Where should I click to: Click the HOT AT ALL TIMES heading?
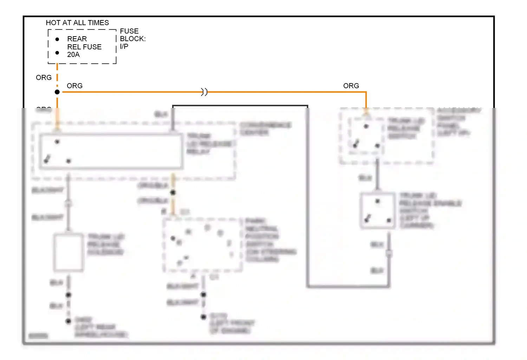click(77, 23)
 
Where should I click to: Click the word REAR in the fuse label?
click(77, 39)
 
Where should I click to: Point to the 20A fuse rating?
click(73, 54)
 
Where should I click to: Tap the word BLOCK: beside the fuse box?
click(133, 39)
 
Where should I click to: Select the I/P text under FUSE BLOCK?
click(124, 46)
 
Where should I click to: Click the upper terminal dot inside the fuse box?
click(57, 39)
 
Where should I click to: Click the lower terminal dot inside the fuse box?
click(57, 53)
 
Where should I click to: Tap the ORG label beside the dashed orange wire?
click(44, 77)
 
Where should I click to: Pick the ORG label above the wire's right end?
click(351, 86)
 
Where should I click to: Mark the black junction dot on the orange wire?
click(57, 92)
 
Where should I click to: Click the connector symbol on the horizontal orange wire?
click(204, 92)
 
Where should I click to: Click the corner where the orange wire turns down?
click(366, 92)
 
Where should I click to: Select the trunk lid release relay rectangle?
click(111, 151)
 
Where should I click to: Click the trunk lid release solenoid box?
click(69, 252)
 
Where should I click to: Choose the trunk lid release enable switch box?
click(377, 211)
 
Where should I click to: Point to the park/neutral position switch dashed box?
click(203, 245)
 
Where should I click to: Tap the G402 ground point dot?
click(69, 321)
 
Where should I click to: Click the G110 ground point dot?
click(203, 317)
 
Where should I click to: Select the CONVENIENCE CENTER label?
click(266, 129)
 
